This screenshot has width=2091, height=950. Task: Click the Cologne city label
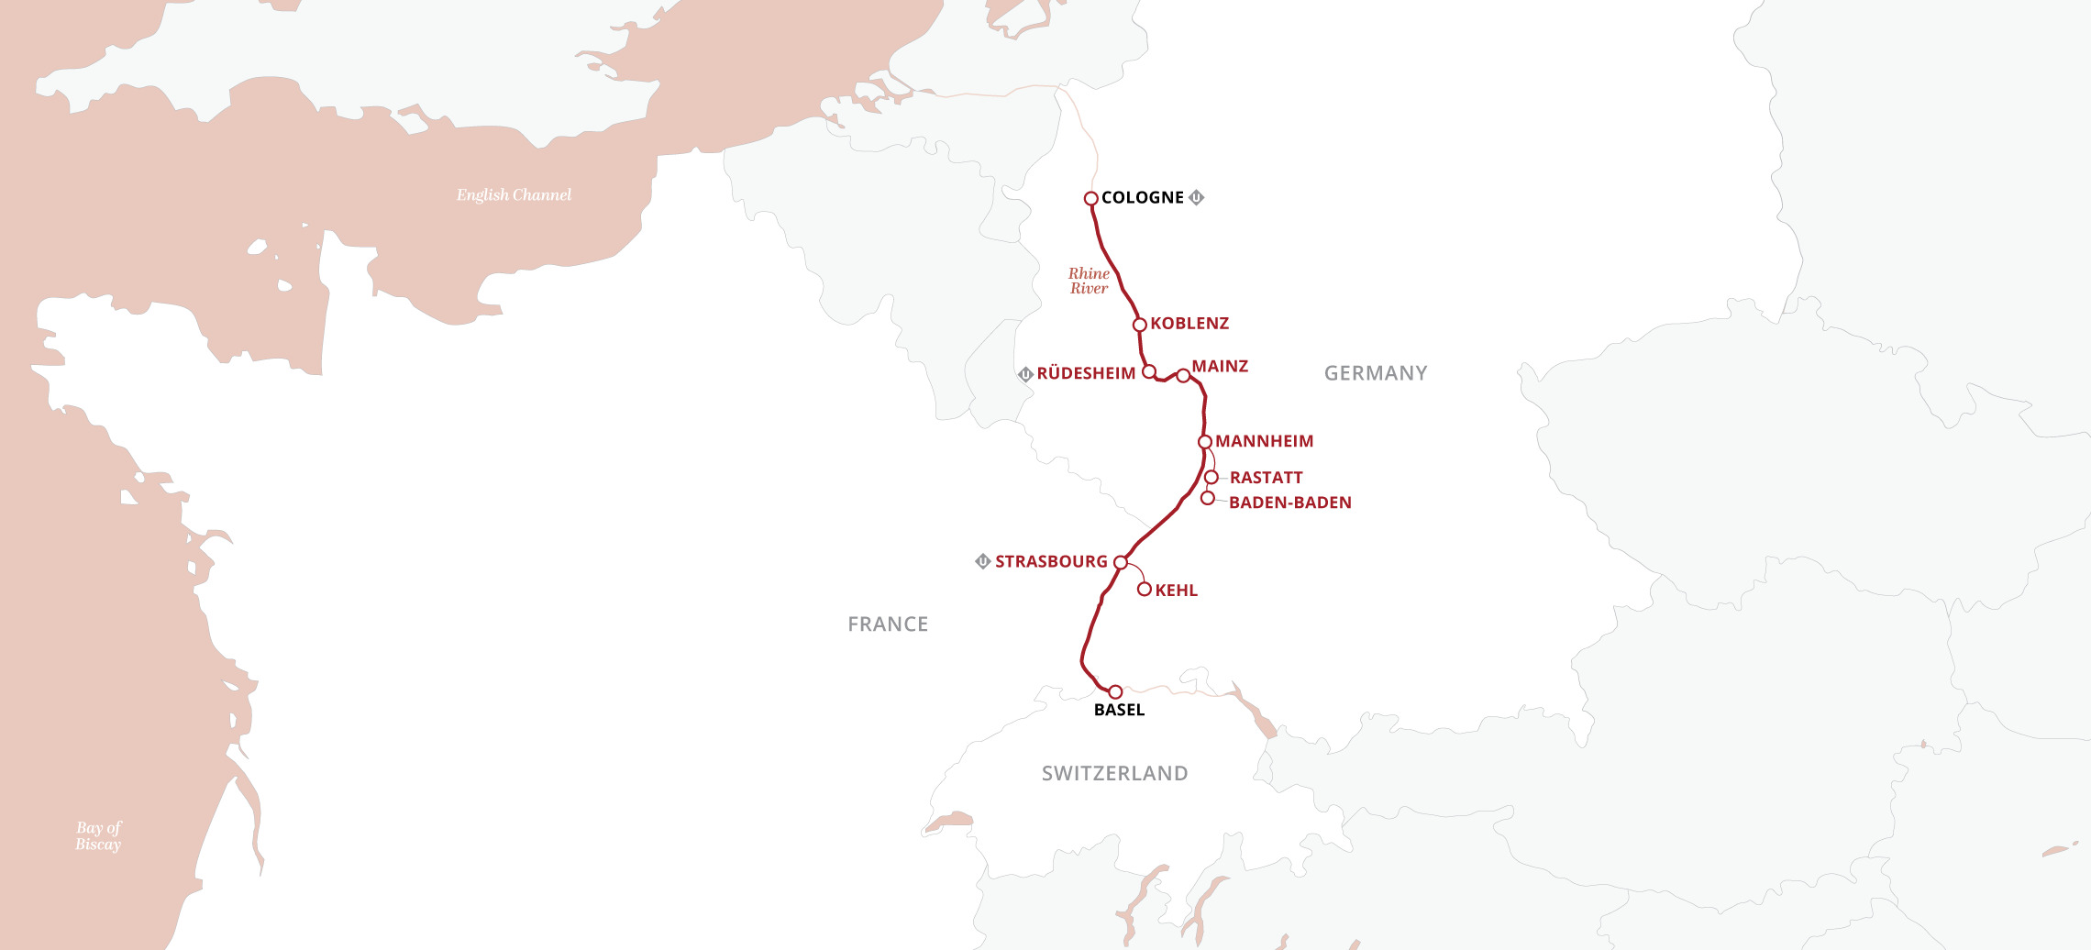(x=1142, y=197)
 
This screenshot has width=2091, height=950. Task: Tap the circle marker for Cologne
(x=1091, y=198)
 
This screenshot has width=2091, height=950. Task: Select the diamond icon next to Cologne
(x=1196, y=197)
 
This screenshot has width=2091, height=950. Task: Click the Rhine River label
(x=1089, y=281)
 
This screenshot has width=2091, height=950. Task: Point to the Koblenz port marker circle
(x=1140, y=325)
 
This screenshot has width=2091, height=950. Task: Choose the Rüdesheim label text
(x=1086, y=373)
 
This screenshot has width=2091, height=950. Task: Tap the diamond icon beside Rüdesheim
(x=1026, y=374)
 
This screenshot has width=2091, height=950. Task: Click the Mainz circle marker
(x=1183, y=375)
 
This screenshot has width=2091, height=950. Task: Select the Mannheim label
(x=1264, y=441)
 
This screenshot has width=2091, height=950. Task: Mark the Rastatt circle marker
(x=1211, y=478)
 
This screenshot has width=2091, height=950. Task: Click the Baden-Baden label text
(x=1289, y=503)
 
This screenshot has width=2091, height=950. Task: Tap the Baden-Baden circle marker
(x=1208, y=498)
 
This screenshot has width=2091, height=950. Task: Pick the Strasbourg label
(x=1051, y=561)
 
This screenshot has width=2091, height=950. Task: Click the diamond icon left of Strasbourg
(x=982, y=561)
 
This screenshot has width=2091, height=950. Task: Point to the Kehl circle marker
(x=1145, y=590)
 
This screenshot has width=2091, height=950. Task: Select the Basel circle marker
(x=1115, y=691)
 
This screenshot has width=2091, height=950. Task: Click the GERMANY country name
(x=1376, y=373)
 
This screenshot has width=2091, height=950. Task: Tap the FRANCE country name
(x=888, y=624)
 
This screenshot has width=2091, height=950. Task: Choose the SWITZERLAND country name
(x=1114, y=774)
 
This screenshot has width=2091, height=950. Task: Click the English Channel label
(x=514, y=194)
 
